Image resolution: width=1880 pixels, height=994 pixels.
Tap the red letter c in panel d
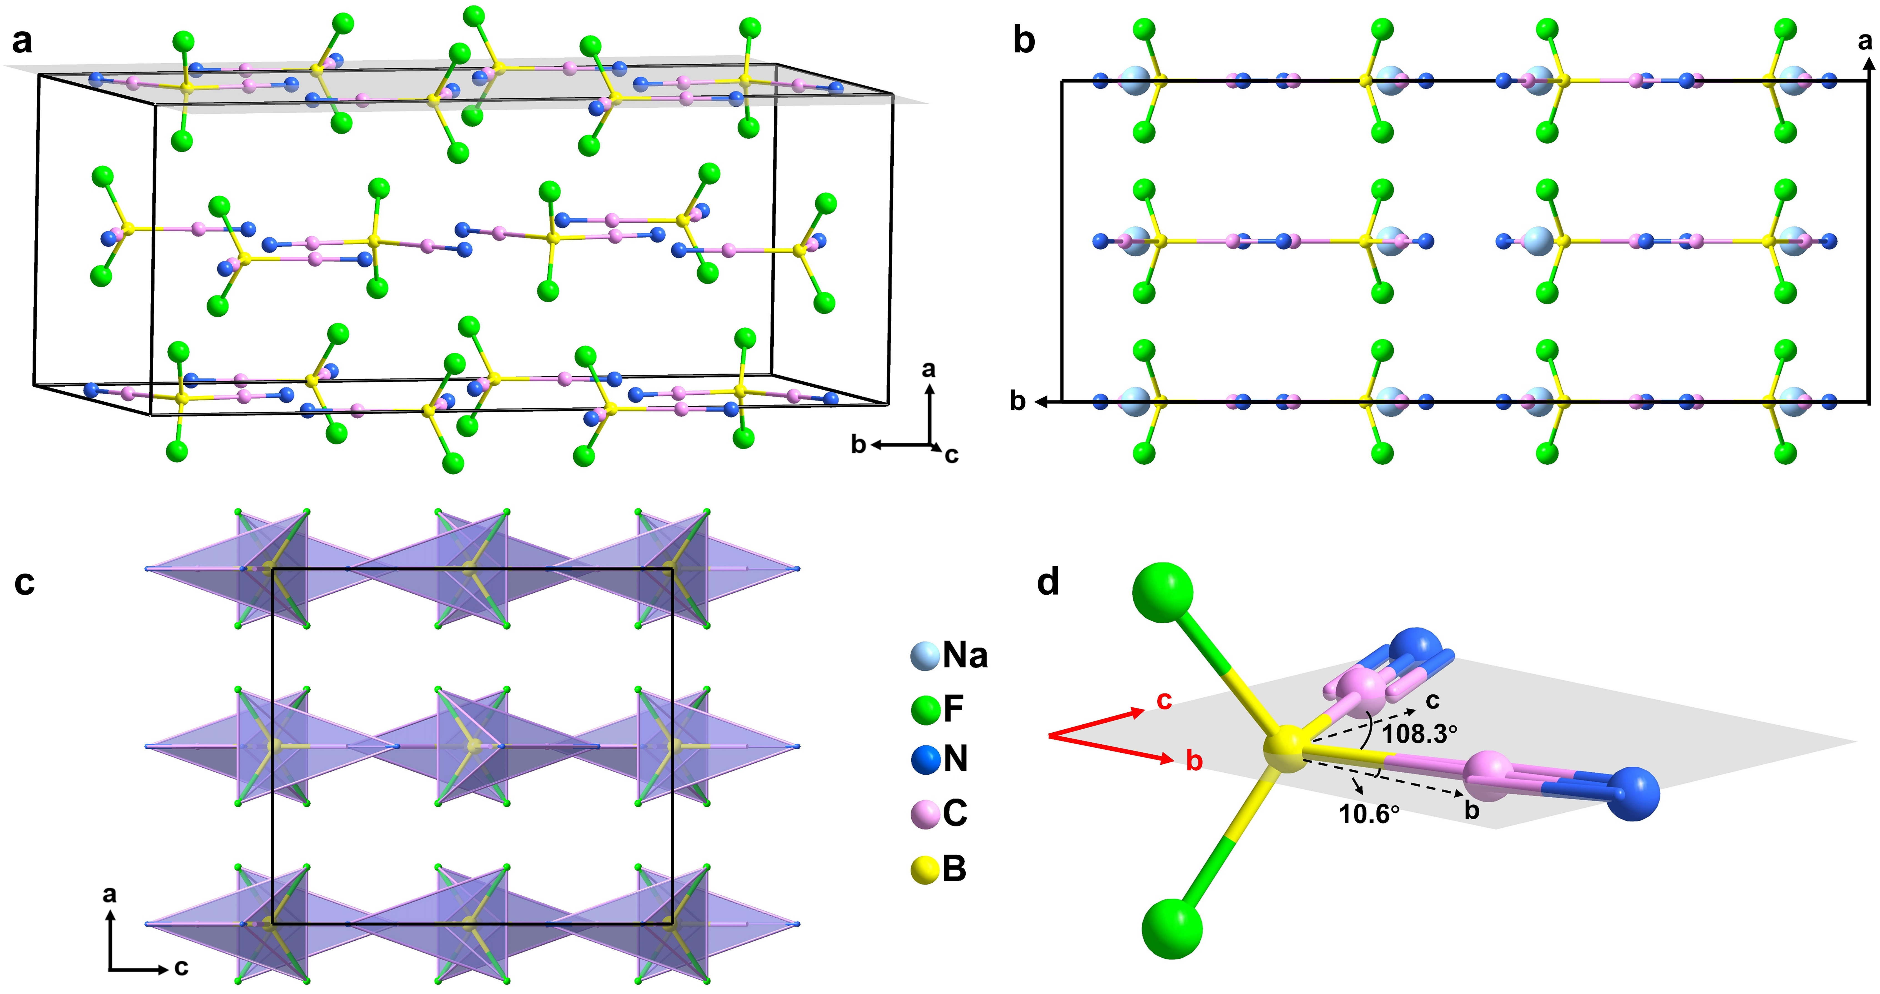click(1164, 700)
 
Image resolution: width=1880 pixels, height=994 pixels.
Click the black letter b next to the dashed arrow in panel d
click(1472, 809)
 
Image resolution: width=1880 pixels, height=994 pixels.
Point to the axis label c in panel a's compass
click(951, 455)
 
